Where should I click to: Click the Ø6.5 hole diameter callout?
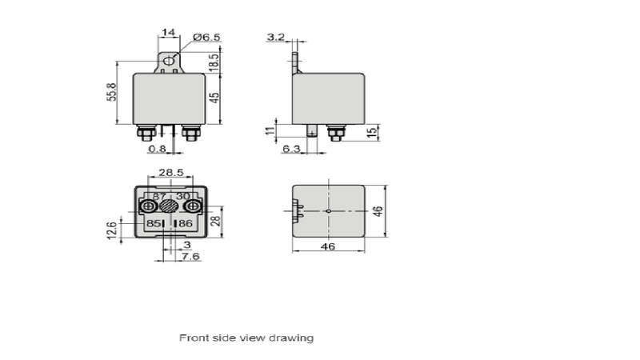206,37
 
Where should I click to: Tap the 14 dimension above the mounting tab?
168,32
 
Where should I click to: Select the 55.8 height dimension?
112,92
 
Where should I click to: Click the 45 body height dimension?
214,98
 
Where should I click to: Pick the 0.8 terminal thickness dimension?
157,149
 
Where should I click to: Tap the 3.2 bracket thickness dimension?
275,37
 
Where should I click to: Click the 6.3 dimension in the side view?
291,149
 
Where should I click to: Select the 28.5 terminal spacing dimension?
171,172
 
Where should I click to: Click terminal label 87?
158,197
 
